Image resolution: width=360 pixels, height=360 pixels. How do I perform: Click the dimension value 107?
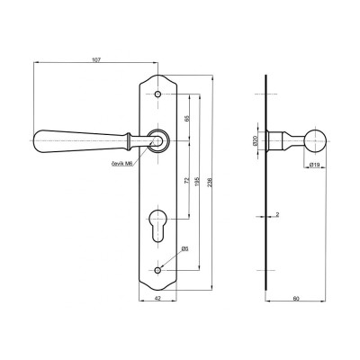(97, 58)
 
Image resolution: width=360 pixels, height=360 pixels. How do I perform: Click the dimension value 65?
(186, 117)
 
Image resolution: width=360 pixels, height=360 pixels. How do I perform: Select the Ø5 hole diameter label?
(184, 248)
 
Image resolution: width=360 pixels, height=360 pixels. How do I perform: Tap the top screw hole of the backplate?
(157, 94)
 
